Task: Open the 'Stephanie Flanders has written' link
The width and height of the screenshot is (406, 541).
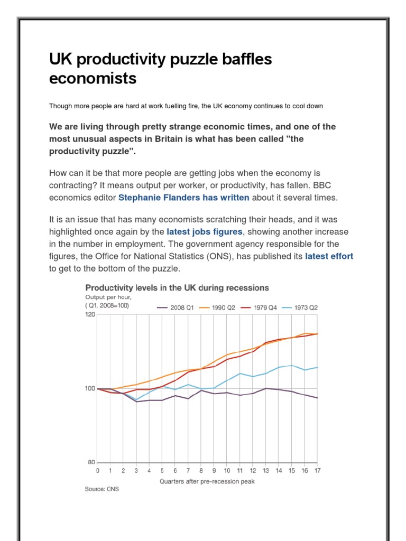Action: pyautogui.click(x=183, y=198)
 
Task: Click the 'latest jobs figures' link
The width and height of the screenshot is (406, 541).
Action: pyautogui.click(x=205, y=231)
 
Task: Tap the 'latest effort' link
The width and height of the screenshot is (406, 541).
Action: pyautogui.click(x=329, y=256)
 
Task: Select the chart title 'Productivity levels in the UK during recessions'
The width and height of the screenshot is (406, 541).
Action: pyautogui.click(x=177, y=288)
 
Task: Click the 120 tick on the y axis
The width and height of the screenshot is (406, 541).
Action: pyautogui.click(x=90, y=315)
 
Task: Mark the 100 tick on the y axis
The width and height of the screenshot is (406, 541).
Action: pyautogui.click(x=90, y=389)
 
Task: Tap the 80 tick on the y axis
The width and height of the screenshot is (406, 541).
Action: pyautogui.click(x=91, y=462)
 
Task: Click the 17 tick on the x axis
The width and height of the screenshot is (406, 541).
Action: pyautogui.click(x=317, y=470)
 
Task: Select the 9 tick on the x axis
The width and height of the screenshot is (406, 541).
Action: pyautogui.click(x=214, y=470)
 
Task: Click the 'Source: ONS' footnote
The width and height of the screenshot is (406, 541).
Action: pyautogui.click(x=102, y=489)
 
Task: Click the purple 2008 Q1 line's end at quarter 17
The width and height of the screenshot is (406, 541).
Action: pyautogui.click(x=317, y=398)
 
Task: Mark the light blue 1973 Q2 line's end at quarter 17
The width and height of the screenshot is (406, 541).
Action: pyautogui.click(x=317, y=367)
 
